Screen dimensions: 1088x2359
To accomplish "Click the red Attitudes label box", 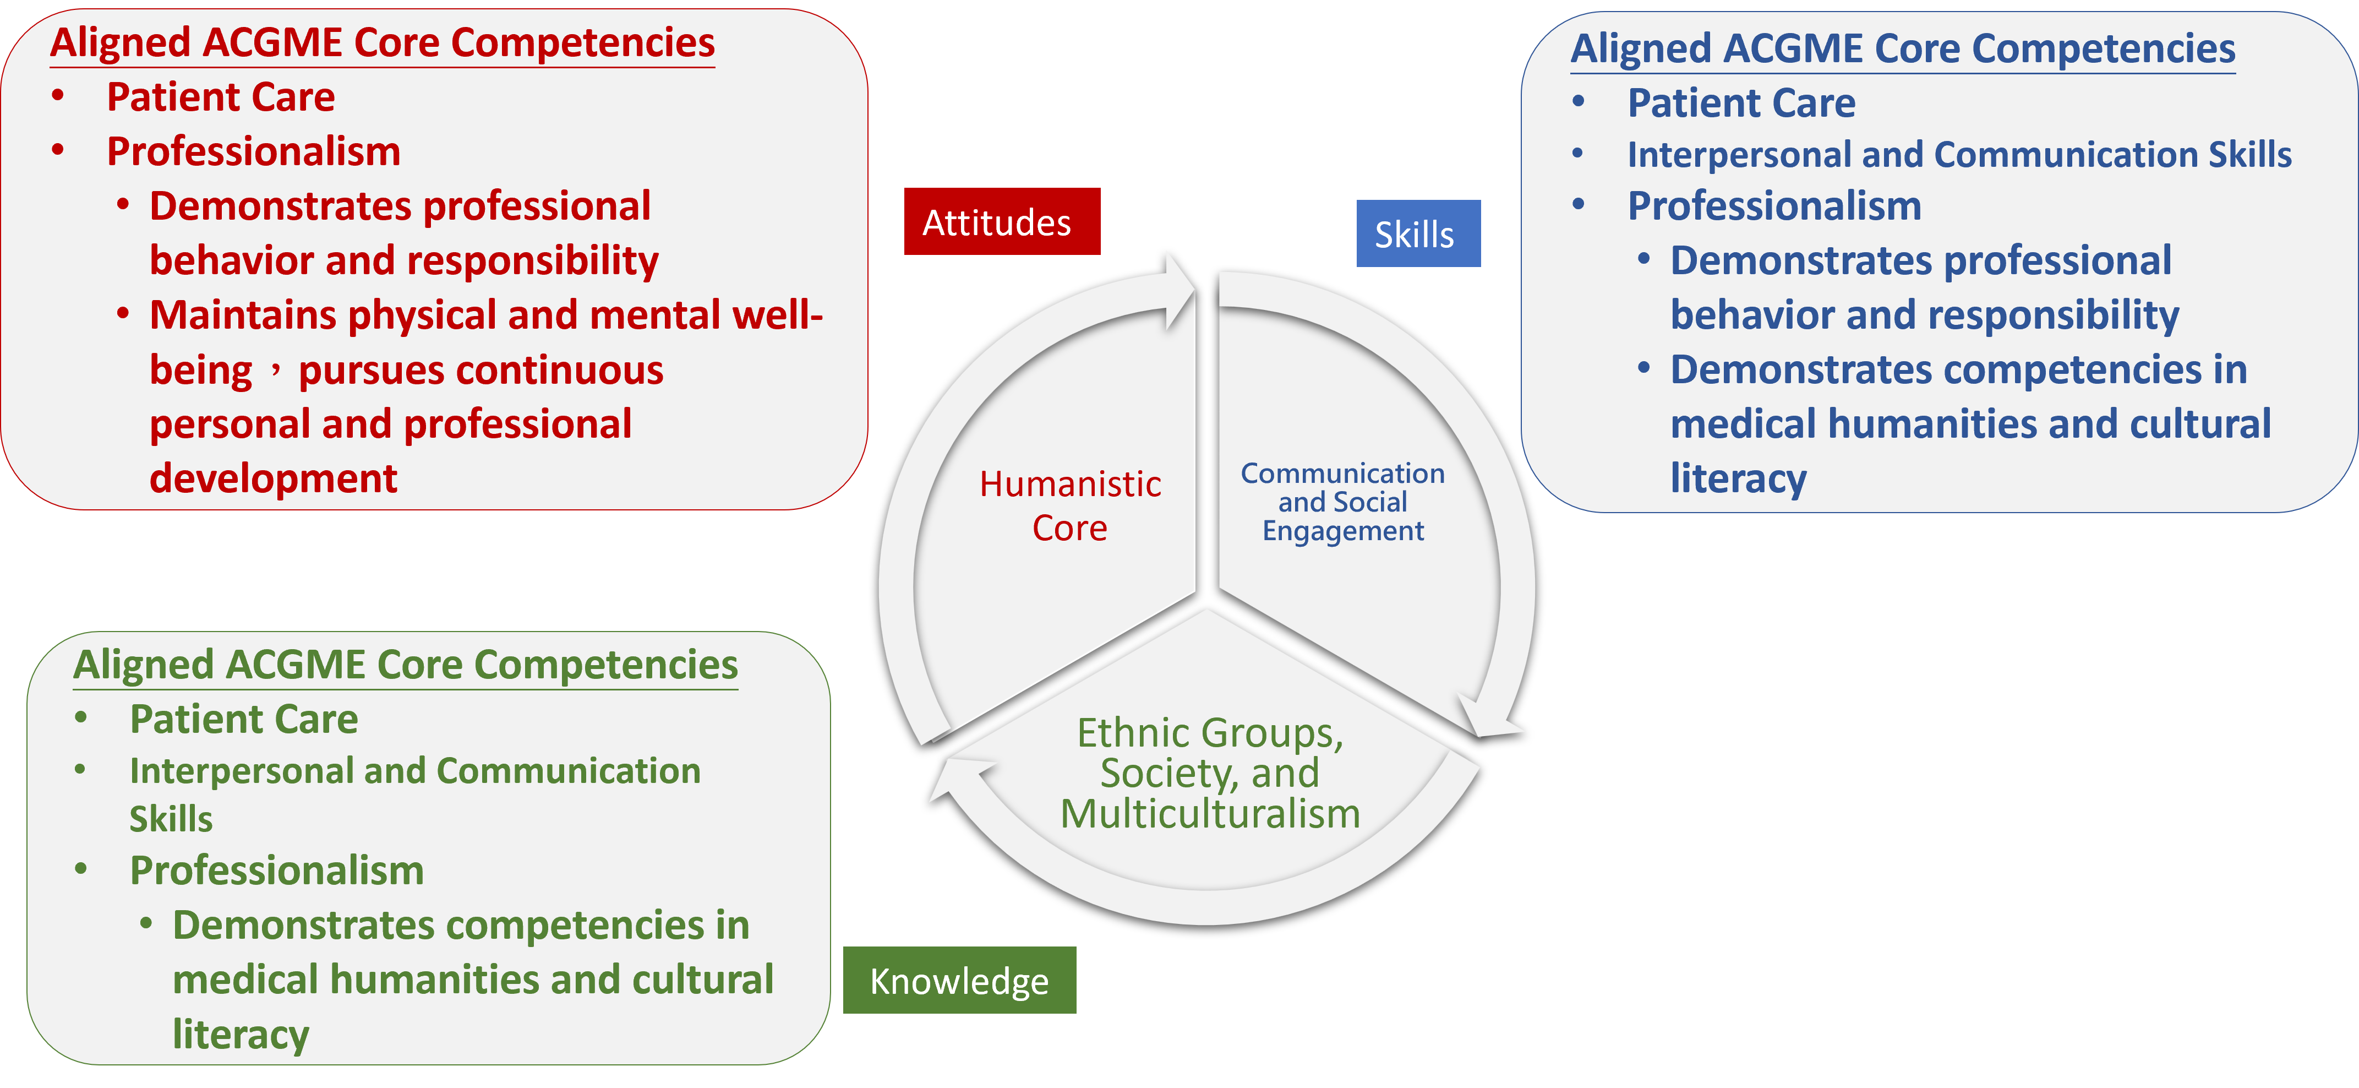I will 1001,222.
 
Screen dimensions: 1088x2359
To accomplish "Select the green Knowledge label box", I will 959,980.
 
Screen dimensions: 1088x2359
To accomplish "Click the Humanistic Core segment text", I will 1069,505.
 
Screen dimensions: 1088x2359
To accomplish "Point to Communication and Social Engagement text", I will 1342,502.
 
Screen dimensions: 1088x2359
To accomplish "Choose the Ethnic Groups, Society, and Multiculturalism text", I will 1210,773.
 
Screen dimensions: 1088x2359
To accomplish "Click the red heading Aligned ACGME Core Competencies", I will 382,43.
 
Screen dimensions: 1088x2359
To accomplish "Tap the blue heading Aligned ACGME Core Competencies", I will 1902,48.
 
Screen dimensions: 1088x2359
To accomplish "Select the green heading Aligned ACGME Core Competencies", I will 405,665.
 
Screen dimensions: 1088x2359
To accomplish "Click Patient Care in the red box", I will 221,97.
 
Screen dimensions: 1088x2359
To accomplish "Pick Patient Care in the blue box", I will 1741,102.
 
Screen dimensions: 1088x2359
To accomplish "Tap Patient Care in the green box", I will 244,719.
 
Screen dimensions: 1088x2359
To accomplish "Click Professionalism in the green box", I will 276,870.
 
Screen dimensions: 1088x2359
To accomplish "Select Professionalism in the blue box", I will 1774,206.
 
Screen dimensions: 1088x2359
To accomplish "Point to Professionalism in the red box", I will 254,152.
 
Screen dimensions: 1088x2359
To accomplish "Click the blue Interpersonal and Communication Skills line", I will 1959,155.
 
